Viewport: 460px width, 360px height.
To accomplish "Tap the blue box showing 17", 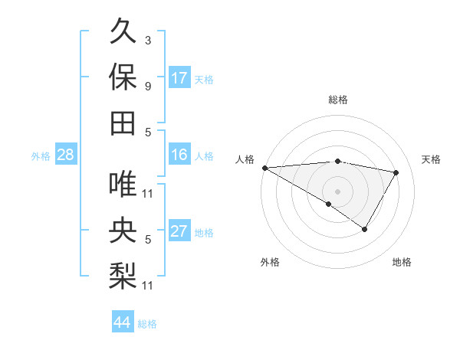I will tap(179, 77).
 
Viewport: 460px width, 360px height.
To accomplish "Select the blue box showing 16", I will tap(179, 155).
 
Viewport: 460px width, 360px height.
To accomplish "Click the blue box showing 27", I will tap(179, 231).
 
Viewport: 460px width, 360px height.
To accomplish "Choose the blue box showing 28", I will tap(65, 155).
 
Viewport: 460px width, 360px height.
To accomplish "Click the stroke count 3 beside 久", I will tap(148, 40).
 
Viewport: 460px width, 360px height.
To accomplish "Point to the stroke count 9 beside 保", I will tap(148, 86).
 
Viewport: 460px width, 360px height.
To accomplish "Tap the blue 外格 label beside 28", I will tap(41, 155).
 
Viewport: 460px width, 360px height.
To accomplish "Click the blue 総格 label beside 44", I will tap(147, 324).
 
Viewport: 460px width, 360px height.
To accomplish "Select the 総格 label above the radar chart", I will tap(338, 100).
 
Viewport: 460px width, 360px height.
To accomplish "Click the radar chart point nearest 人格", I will tap(264, 167).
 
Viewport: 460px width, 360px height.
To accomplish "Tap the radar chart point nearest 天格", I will tap(396, 172).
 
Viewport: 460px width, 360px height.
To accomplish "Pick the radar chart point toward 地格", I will tap(365, 229).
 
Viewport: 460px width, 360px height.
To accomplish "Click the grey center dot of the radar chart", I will tap(337, 190).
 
